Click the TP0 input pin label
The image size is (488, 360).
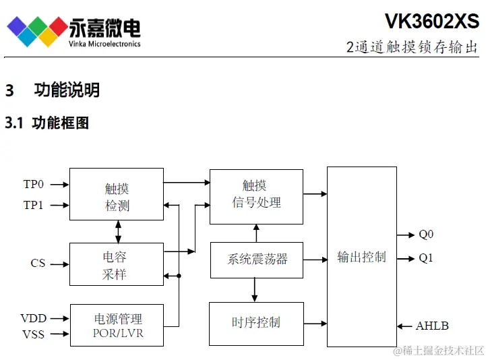[x=34, y=184]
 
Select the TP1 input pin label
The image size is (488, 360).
[x=34, y=205]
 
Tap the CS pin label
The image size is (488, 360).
[x=38, y=263]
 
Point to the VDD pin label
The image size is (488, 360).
[x=33, y=318]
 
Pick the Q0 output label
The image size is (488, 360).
[x=426, y=235]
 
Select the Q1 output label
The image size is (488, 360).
[x=426, y=258]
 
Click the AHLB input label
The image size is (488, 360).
[x=432, y=326]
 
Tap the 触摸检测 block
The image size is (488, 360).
[x=117, y=194]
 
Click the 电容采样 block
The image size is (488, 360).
[x=117, y=264]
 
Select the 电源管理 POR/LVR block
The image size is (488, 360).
[x=117, y=324]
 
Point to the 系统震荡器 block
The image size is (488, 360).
[x=256, y=260]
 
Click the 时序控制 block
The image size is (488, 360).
[x=256, y=323]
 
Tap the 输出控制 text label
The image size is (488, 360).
[x=362, y=257]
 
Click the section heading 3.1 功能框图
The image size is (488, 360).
[x=47, y=123]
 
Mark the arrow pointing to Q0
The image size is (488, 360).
[x=406, y=235]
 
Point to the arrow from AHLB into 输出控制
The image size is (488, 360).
[x=404, y=326]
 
